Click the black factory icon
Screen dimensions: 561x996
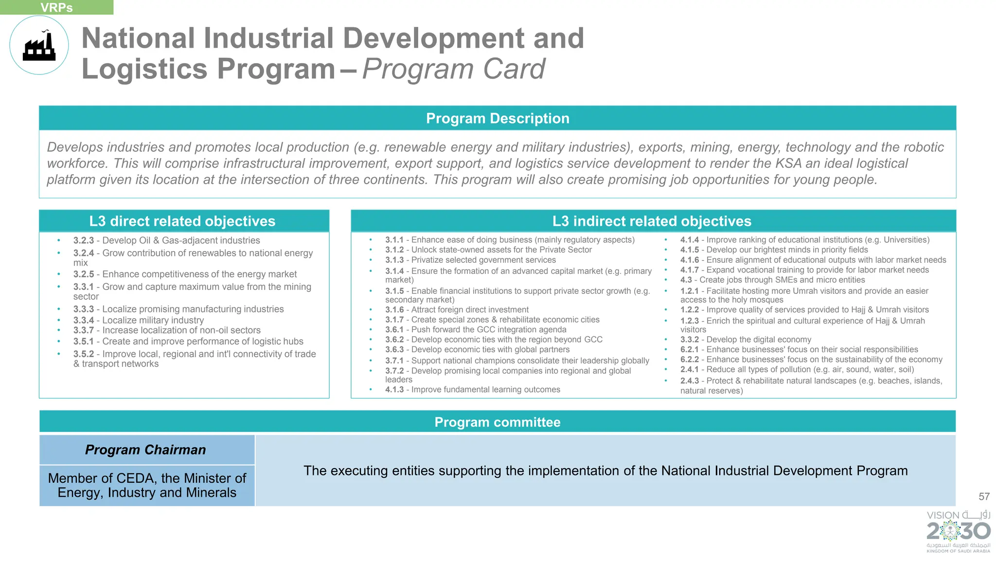point(39,46)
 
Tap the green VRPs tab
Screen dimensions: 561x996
point(56,7)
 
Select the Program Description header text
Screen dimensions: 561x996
point(498,118)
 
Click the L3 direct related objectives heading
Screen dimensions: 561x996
point(182,221)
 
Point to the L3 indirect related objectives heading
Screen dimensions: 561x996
point(652,221)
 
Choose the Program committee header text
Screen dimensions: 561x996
point(498,422)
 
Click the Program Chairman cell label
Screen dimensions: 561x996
point(145,450)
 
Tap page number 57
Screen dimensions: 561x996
point(984,496)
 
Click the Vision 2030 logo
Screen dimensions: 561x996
point(958,531)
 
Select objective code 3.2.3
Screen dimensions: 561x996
point(84,240)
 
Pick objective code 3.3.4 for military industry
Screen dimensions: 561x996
point(84,320)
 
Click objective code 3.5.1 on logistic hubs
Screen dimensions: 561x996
point(84,342)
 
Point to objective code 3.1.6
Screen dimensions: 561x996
point(394,309)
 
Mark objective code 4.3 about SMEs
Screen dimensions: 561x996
point(686,280)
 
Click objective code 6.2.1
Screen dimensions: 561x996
point(689,349)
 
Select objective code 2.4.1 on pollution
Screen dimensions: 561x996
point(689,369)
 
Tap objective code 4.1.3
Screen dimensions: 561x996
point(394,389)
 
